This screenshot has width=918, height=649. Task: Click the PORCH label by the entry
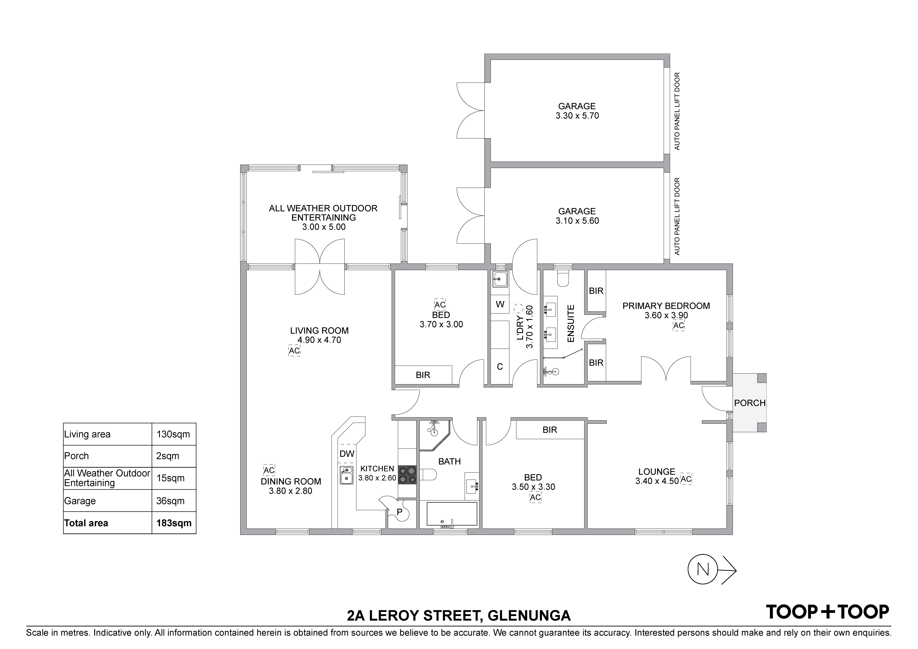coord(750,403)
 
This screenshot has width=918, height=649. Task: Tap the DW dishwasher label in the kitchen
coord(347,454)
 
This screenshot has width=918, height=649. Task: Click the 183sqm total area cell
coord(174,523)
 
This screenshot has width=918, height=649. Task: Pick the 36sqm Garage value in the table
coord(170,501)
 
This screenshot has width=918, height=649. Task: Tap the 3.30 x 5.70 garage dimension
coord(577,116)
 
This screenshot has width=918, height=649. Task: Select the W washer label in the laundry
coord(500,304)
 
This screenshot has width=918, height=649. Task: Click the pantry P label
coord(399,512)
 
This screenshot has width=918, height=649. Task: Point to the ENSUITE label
coord(571,323)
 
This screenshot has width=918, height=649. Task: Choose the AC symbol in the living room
coord(294,351)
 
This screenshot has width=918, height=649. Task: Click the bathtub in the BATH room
coord(452,514)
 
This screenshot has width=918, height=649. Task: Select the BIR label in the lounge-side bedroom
coord(550,430)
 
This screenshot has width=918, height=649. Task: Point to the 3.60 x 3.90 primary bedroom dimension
coord(666,316)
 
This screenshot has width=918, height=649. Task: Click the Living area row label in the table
coord(87,434)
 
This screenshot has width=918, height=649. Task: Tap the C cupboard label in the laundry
coord(500,367)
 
